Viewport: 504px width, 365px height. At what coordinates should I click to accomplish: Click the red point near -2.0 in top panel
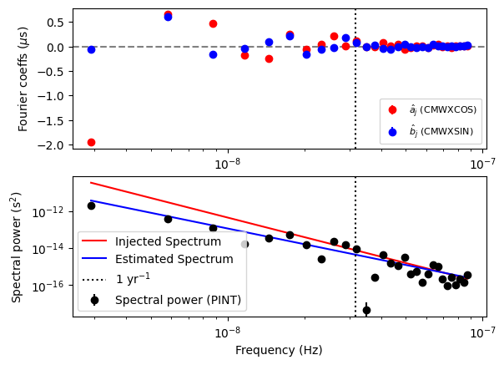click(91, 142)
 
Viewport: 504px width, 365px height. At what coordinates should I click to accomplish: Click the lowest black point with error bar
click(366, 310)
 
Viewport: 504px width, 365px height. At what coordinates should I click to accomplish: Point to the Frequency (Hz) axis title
click(279, 351)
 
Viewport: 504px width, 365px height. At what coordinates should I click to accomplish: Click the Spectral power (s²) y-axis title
click(17, 246)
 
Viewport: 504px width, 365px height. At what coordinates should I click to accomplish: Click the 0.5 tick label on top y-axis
click(57, 23)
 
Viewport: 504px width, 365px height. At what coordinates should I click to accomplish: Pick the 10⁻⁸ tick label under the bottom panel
click(227, 332)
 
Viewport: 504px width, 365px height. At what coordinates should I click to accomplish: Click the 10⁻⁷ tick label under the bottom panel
click(482, 332)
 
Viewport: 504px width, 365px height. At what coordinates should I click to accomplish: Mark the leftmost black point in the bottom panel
click(91, 205)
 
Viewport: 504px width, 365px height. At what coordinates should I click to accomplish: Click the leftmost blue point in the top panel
click(91, 49)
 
